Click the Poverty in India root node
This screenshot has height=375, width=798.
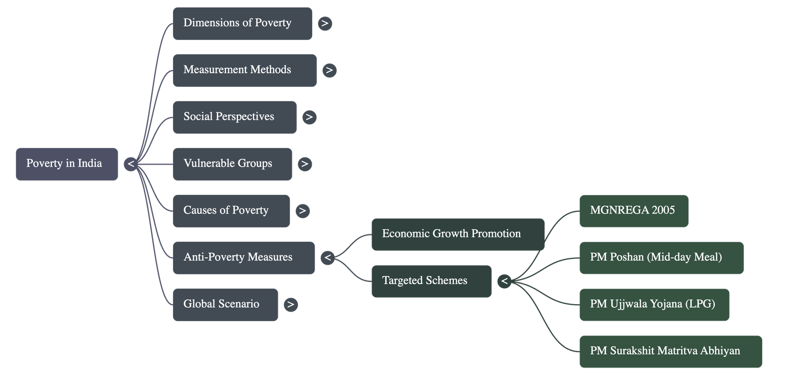[x=67, y=164]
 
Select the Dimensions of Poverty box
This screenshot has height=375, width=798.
[x=242, y=23]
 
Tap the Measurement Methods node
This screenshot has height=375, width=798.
[x=244, y=70]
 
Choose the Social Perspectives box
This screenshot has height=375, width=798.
[x=234, y=117]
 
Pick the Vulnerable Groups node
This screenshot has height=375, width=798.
[x=232, y=164]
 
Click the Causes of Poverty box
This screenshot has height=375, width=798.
[x=231, y=211]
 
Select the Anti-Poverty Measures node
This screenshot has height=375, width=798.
[x=244, y=258]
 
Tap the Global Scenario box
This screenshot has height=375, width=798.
[x=225, y=305]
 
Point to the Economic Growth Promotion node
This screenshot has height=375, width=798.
[x=457, y=234]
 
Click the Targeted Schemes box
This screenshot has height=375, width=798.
[x=431, y=281]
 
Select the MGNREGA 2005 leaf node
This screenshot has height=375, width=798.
[x=634, y=211]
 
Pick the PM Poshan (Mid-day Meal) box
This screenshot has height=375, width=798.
[x=661, y=258]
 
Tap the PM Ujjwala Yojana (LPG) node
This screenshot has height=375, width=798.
[x=654, y=305]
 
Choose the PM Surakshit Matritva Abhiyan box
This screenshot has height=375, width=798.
[x=671, y=352]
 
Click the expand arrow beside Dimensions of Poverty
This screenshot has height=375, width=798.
[x=325, y=23]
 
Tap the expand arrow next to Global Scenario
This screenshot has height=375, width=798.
[x=291, y=305]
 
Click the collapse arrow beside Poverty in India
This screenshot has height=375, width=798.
[x=131, y=164]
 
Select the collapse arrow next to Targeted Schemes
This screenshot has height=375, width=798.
[x=504, y=281]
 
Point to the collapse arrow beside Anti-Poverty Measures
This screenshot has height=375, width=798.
[x=327, y=258]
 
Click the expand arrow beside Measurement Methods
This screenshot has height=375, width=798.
[x=329, y=70]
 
